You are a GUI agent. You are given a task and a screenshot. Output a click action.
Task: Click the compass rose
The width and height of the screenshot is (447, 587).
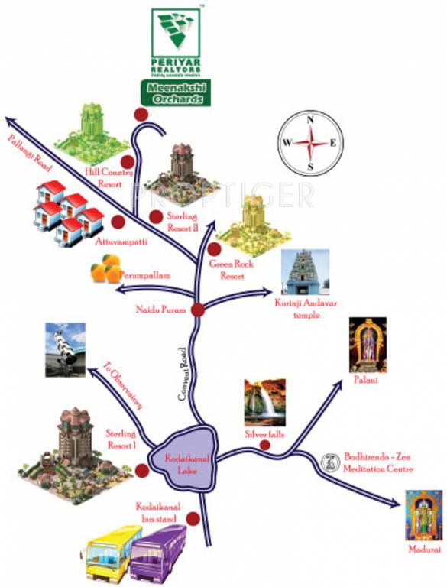pyautogui.click(x=310, y=143)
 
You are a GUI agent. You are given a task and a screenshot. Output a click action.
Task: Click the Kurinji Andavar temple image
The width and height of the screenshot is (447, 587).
pyautogui.click(x=306, y=272)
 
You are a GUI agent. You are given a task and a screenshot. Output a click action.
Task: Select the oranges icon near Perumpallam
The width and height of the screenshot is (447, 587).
pyautogui.click(x=106, y=269)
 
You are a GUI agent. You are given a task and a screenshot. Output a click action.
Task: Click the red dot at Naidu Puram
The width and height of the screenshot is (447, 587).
pyautogui.click(x=197, y=310)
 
